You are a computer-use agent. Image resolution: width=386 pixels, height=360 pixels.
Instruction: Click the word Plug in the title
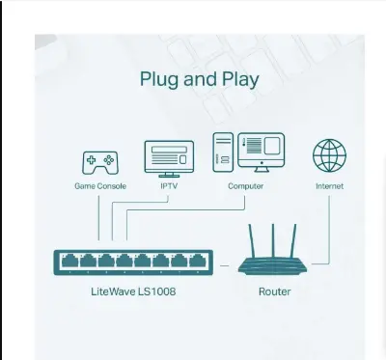(160, 79)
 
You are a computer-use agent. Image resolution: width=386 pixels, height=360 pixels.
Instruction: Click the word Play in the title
(237, 79)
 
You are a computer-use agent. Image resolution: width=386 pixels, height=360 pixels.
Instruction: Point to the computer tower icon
(222, 152)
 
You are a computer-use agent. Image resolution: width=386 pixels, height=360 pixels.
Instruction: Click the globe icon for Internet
(328, 156)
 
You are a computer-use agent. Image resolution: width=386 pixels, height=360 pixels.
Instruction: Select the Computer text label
(245, 185)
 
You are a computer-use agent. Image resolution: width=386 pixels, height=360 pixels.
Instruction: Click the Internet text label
(328, 185)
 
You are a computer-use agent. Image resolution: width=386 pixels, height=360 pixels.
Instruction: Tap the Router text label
(275, 291)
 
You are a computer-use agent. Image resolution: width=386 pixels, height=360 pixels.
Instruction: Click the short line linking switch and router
(224, 263)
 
